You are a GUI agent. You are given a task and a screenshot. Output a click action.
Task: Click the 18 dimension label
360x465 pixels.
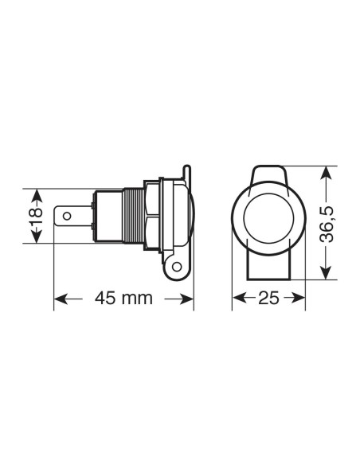[34, 217]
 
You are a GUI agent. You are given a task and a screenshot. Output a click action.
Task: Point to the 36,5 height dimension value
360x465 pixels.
[327, 222]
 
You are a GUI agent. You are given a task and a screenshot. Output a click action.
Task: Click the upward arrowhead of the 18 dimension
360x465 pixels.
[34, 193]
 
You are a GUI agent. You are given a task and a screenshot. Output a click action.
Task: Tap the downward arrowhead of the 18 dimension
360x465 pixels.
[34, 240]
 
